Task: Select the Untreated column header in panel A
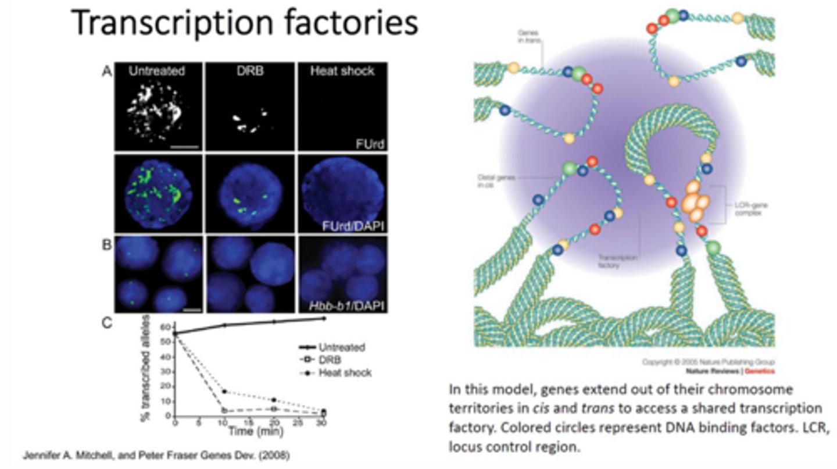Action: click(157, 72)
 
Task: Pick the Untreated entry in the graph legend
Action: click(341, 348)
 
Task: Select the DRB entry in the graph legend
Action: click(329, 360)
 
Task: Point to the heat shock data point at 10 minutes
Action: click(224, 392)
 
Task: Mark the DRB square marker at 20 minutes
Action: click(274, 408)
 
